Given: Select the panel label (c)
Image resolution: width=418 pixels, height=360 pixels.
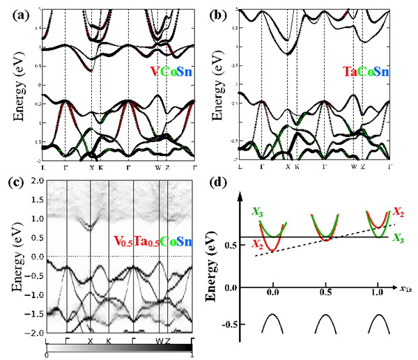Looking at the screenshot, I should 16,184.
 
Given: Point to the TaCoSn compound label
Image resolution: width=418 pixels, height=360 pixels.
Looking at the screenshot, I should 365,72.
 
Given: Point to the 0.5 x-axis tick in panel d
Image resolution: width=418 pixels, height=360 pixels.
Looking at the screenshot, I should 326,293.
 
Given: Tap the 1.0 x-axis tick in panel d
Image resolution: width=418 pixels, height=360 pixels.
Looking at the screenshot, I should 379,293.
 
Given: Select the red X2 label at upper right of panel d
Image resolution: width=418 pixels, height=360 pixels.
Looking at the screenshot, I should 398,212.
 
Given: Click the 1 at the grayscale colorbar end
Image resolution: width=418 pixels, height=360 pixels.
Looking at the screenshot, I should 192,355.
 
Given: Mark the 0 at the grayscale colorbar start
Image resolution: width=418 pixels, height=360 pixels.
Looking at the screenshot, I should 46,355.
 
